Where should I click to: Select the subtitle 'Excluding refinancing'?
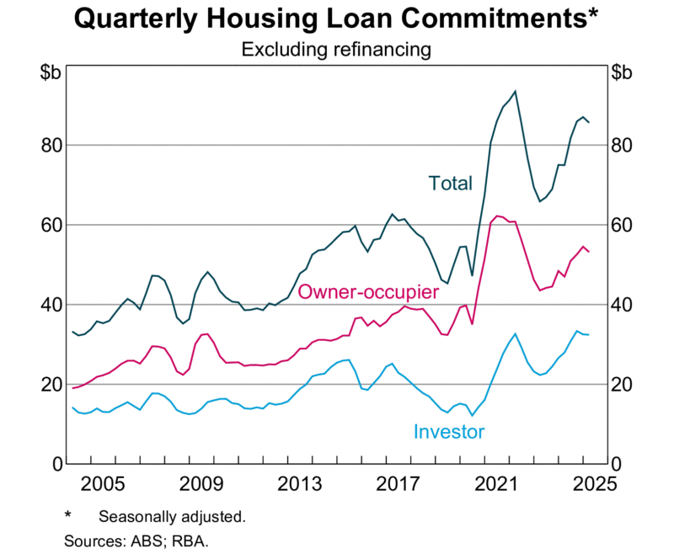tap(336, 50)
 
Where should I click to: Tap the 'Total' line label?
tap(451, 183)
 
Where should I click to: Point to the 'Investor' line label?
tap(449, 432)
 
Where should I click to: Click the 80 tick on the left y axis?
tap(48, 146)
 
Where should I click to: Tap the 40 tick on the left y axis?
tap(48, 305)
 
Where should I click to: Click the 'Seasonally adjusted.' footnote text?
tap(171, 516)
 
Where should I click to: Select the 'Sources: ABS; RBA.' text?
tap(136, 539)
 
